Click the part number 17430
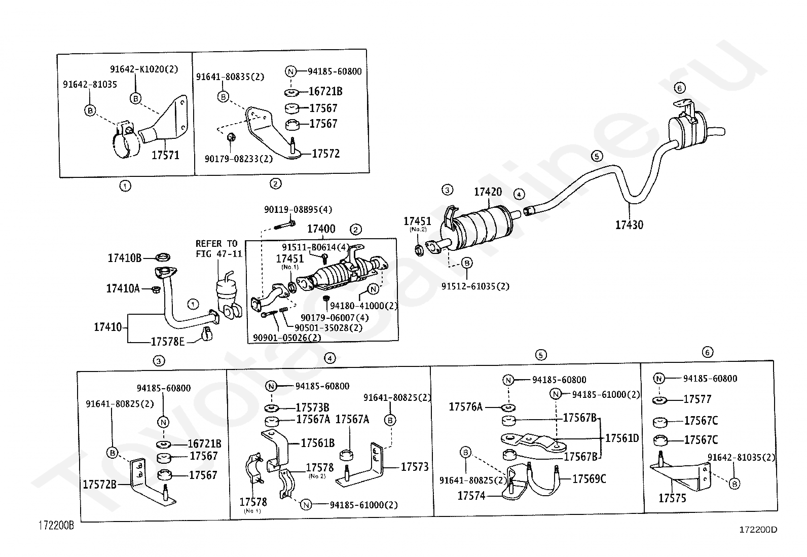point(629,225)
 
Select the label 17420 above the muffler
point(488,192)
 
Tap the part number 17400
point(321,229)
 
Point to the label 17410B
point(124,258)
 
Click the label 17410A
point(123,288)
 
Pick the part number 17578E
point(167,342)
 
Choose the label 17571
point(165,155)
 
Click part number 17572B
point(100,485)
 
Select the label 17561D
point(622,438)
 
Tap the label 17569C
point(589,479)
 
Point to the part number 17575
point(672,498)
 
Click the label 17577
point(698,399)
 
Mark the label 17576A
point(465,407)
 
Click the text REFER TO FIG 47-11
point(218,249)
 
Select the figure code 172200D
point(758,530)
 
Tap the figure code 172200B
point(56,526)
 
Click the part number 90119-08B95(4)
point(298,210)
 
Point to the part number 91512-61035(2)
point(475,286)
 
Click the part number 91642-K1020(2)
point(144,69)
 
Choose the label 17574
point(471,496)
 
